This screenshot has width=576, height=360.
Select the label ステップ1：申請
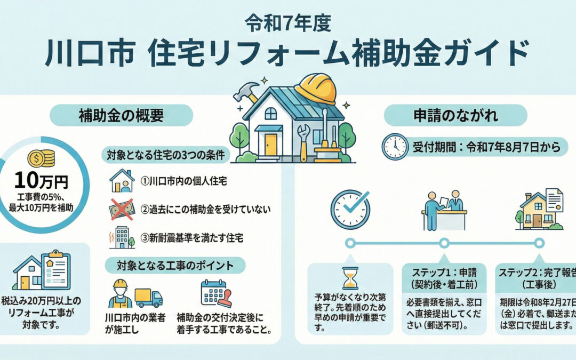[444, 272]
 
